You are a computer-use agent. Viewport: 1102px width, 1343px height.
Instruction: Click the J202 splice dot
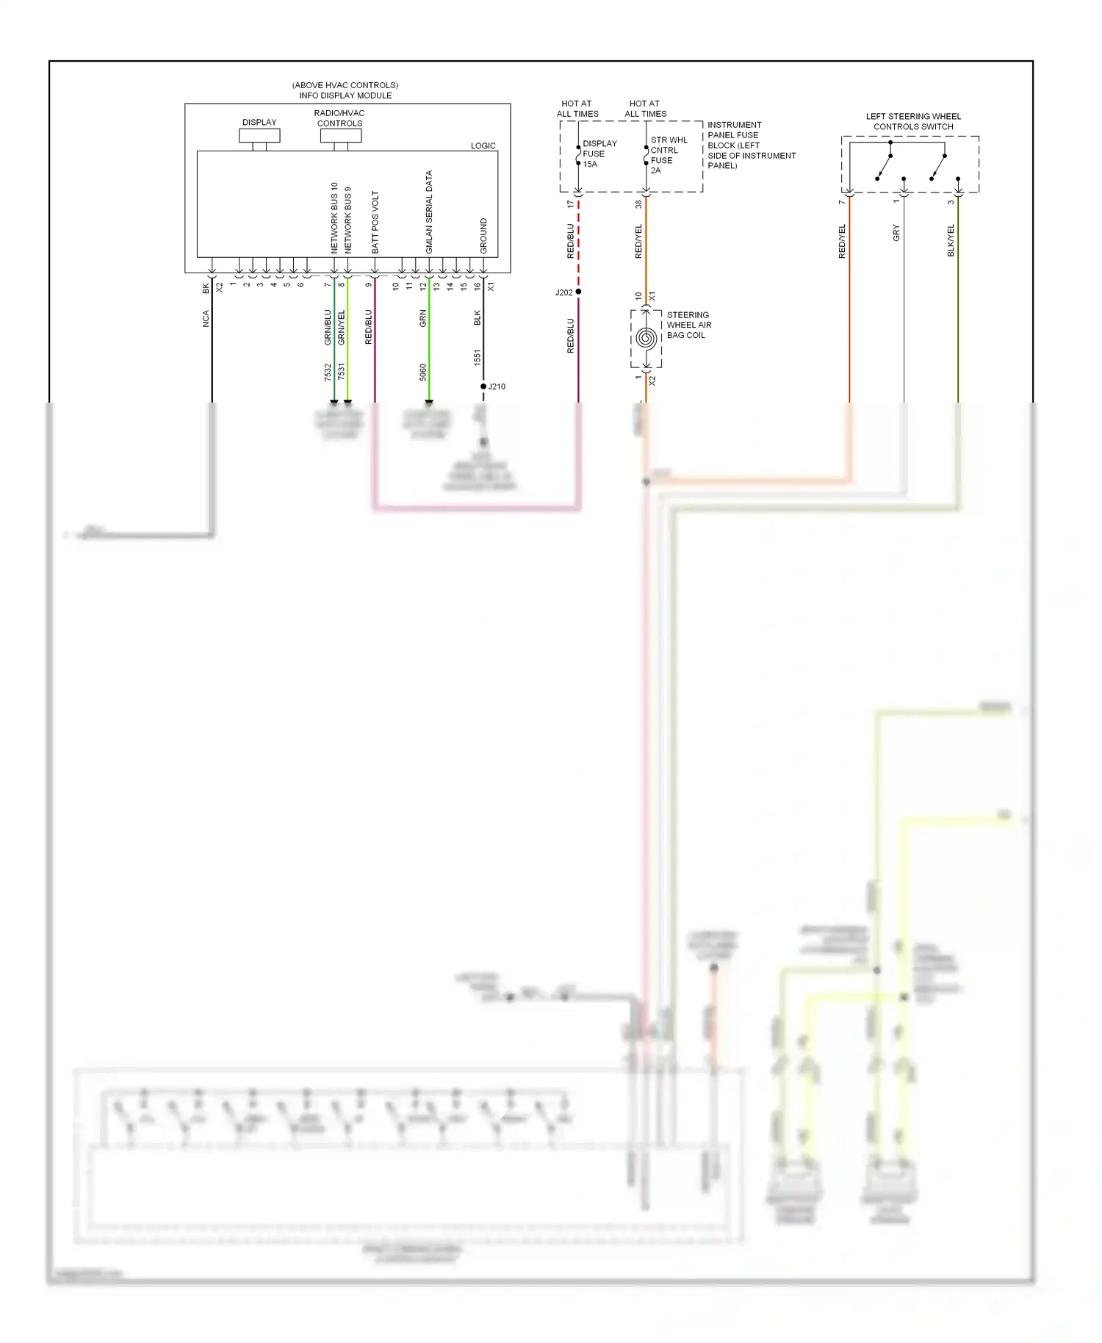(578, 292)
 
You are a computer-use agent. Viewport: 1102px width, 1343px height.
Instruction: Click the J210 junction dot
(483, 386)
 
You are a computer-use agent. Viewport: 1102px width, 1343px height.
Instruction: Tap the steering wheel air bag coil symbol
(647, 339)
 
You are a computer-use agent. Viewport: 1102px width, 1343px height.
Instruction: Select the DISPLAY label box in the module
(259, 135)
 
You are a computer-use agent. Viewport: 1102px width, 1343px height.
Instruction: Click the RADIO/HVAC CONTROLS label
(339, 118)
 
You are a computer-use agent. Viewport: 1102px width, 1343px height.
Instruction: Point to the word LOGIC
(483, 145)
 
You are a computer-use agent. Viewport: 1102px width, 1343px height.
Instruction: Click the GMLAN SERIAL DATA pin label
(429, 212)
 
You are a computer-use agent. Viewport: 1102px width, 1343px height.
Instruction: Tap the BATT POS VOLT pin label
(375, 223)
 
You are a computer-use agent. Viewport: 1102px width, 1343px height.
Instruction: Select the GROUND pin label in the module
(483, 236)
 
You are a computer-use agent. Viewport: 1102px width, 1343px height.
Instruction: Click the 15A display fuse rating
(590, 165)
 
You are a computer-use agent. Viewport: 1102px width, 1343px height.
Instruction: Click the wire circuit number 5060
(423, 372)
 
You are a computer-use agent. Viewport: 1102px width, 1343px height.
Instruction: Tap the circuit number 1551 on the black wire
(478, 358)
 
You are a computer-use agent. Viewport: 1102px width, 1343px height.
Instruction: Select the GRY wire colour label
(896, 234)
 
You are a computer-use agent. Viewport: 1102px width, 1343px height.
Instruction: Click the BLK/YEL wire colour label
(951, 241)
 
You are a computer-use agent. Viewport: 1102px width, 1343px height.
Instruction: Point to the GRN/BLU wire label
(328, 328)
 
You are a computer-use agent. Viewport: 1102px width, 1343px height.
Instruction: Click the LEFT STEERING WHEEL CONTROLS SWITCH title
(913, 121)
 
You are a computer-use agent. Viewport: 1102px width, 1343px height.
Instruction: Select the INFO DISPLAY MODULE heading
(345, 96)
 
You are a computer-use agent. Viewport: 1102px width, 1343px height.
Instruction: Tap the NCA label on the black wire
(206, 319)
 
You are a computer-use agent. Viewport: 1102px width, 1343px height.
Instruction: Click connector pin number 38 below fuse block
(638, 204)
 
